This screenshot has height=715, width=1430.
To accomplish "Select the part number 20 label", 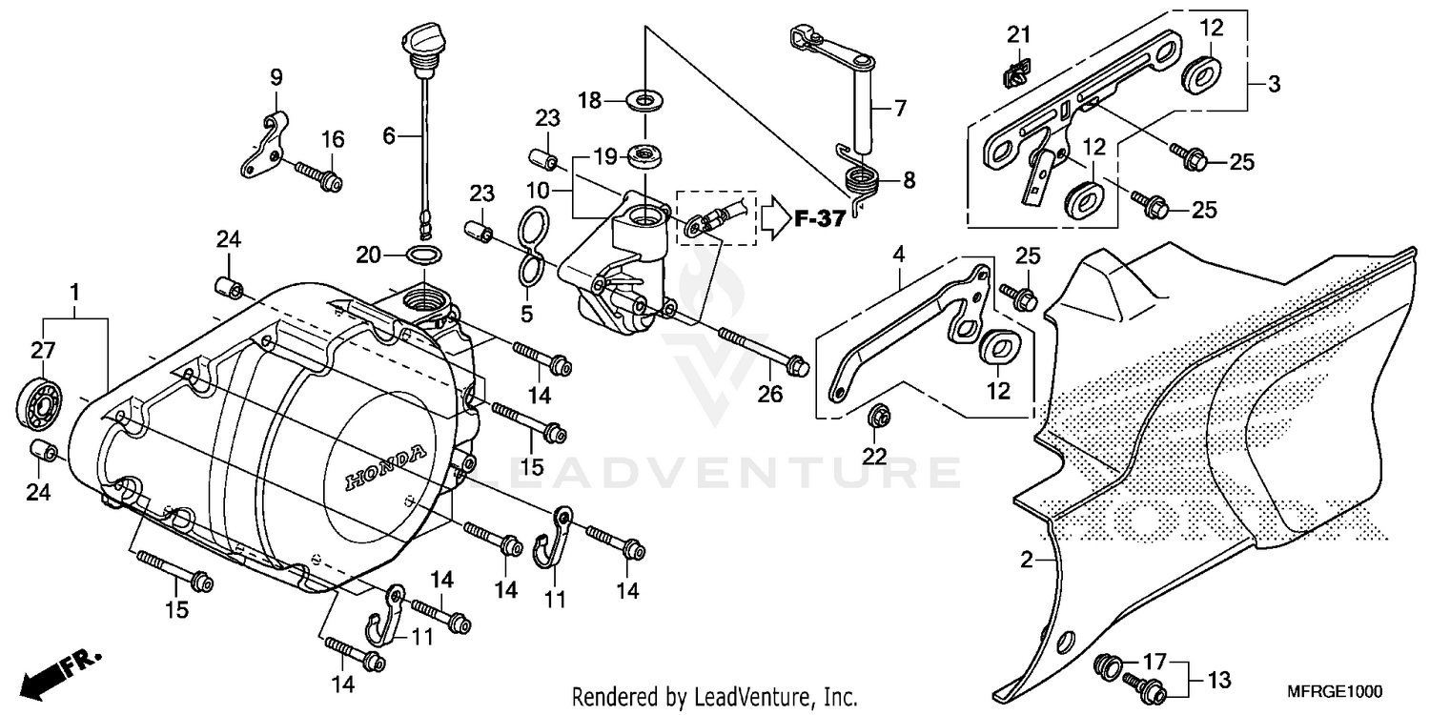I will [369, 255].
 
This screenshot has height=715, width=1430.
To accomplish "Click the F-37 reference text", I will [819, 219].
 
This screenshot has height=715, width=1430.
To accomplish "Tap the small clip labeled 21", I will [1017, 70].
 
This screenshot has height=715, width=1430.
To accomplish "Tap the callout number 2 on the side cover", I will [1027, 562].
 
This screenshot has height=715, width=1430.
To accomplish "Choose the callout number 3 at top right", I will [1274, 84].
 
